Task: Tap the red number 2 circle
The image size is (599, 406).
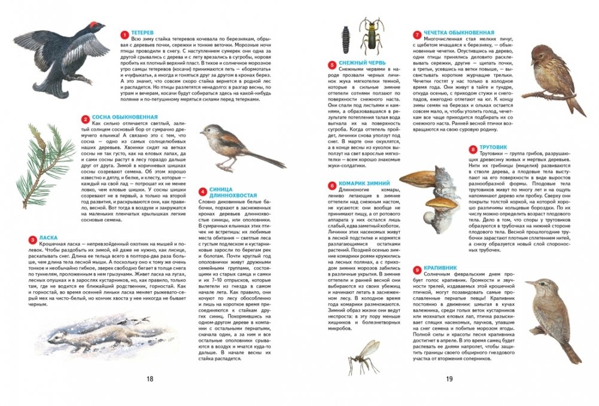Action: click(86, 118)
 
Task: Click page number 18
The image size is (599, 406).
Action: click(150, 378)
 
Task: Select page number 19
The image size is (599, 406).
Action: click(449, 378)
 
